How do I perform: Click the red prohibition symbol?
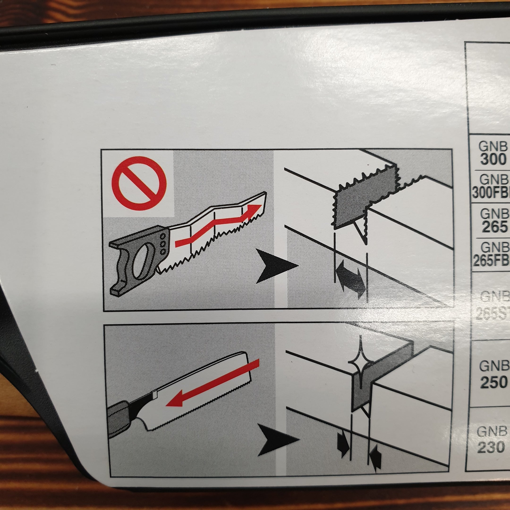(x=139, y=183)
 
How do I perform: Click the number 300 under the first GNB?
(x=493, y=159)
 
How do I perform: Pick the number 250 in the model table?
(x=493, y=382)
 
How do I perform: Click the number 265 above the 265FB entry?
(x=494, y=226)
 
